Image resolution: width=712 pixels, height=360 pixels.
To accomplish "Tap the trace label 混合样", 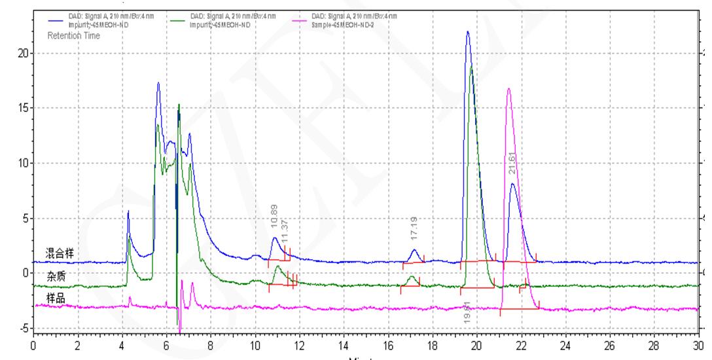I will pos(60,253).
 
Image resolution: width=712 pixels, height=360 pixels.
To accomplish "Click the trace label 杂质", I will pos(55,276).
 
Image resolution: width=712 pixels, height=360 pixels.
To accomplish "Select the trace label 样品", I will pos(55,298).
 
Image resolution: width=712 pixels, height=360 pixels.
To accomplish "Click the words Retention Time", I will pos(74,36).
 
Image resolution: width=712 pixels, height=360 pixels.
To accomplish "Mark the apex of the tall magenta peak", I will pos(508,88).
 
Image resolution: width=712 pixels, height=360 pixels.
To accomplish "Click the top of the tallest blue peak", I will pos(468,31).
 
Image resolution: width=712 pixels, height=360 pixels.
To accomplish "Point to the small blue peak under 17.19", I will pos(414,250).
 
